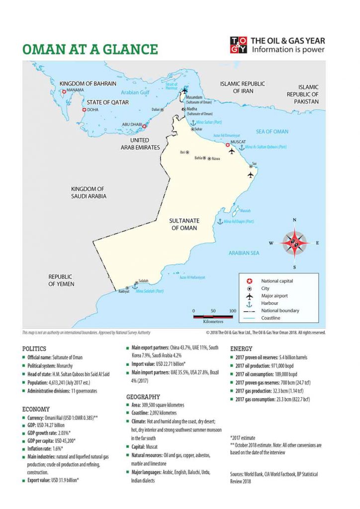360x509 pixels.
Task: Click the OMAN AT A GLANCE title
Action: pos(90,49)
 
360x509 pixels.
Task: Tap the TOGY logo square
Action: pos(238,45)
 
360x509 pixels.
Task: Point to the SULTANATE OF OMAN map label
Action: pos(184,224)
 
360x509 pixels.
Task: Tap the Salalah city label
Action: pos(143,281)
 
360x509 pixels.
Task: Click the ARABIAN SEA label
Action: pos(244,253)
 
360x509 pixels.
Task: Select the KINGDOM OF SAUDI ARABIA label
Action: pos(89,193)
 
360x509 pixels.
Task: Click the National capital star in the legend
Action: pos(250,281)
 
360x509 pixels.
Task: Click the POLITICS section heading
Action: pos(34,349)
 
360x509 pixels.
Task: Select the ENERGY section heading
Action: pos(241,349)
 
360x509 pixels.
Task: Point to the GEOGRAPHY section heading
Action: pos(143,397)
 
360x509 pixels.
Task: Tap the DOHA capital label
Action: pos(93,110)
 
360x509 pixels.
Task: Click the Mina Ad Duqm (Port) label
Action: pos(239,221)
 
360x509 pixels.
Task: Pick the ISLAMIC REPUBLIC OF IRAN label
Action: pos(243,87)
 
